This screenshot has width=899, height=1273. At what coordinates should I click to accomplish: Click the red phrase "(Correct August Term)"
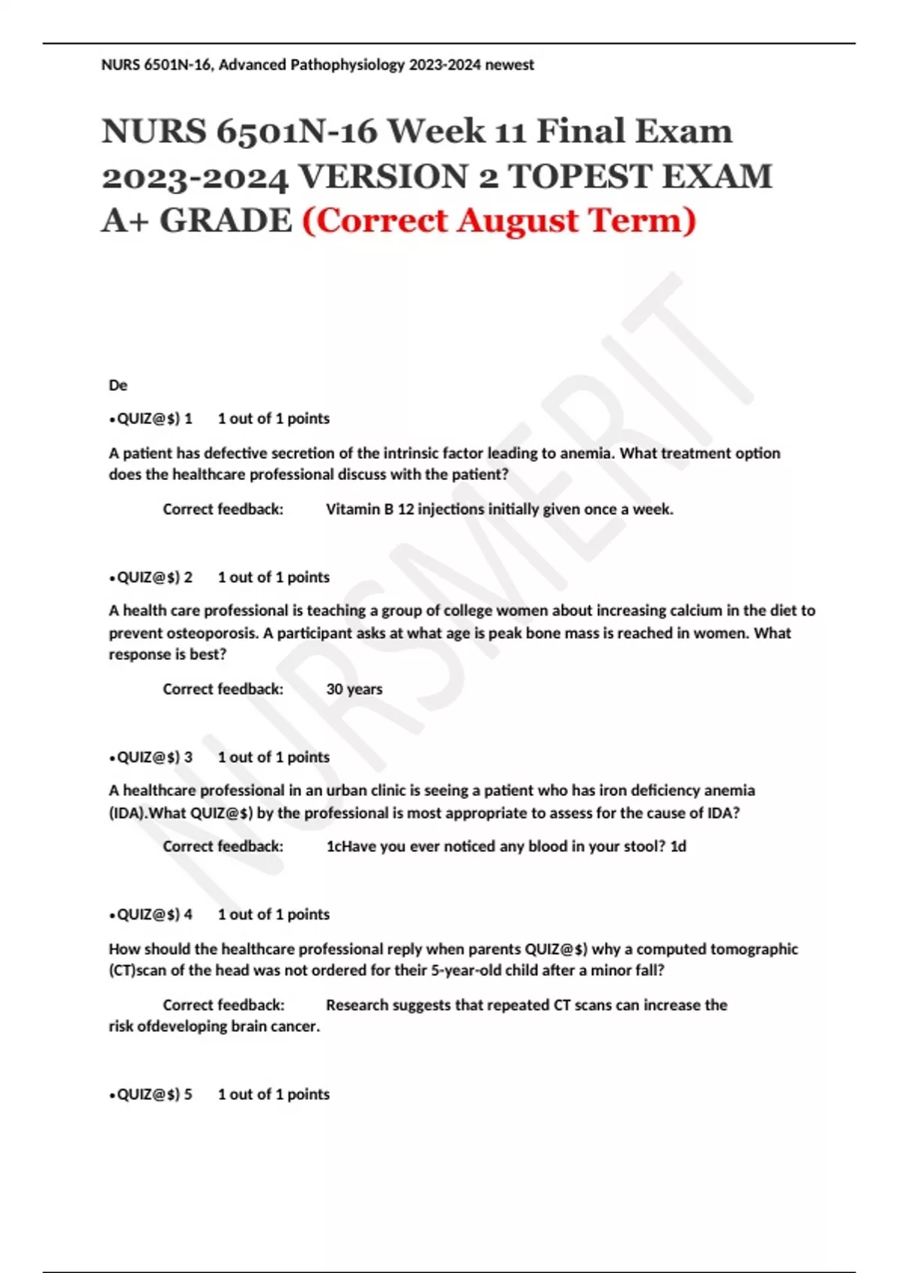pyautogui.click(x=499, y=221)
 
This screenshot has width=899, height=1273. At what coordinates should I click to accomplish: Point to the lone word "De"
pyautogui.click(x=118, y=386)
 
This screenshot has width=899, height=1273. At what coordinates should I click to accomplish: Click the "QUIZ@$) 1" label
pyautogui.click(x=154, y=419)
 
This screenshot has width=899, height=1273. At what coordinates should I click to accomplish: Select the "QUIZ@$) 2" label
pyautogui.click(x=154, y=577)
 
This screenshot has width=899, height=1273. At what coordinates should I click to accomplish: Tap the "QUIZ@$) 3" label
pyautogui.click(x=154, y=757)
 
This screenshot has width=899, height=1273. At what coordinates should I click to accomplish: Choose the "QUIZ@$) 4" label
pyautogui.click(x=154, y=914)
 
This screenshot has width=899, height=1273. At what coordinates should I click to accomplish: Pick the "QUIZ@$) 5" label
pyautogui.click(x=154, y=1094)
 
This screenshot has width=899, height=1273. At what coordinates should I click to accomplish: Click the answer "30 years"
pyautogui.click(x=354, y=689)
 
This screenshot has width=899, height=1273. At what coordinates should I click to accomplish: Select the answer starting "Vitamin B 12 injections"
pyautogui.click(x=500, y=509)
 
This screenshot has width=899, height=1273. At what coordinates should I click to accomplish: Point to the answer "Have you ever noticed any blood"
pyautogui.click(x=506, y=846)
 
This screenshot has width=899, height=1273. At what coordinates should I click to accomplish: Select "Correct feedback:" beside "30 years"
pyautogui.click(x=223, y=689)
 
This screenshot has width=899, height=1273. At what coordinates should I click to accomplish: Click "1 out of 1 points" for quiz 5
pyautogui.click(x=273, y=1094)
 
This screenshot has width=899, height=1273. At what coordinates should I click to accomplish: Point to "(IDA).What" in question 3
pyautogui.click(x=147, y=813)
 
